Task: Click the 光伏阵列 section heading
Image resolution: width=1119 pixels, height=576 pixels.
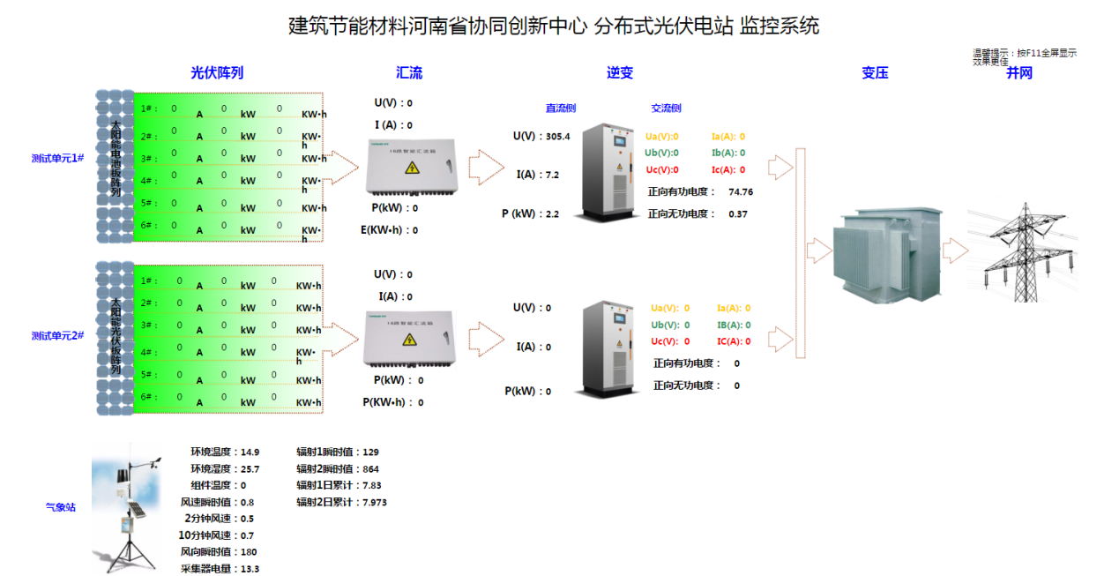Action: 217,73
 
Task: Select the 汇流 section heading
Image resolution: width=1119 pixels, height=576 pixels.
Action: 409,73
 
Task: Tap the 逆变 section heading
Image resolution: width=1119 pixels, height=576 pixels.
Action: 620,73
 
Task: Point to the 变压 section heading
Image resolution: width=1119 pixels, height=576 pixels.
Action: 875,73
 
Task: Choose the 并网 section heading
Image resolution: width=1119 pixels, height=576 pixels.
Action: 1019,73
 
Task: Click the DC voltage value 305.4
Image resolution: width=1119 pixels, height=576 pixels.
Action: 558,137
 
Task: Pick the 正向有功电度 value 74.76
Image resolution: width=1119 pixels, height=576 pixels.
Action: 741,191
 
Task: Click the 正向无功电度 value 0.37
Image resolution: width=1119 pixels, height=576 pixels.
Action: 738,213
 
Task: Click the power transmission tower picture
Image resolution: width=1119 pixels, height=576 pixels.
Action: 1022,251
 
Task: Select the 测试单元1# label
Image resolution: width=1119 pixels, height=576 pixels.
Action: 57,159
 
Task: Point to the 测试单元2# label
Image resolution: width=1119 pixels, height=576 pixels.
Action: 57,336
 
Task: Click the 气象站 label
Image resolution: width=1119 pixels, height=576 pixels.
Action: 61,507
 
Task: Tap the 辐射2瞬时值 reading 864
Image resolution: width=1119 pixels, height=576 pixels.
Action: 370,469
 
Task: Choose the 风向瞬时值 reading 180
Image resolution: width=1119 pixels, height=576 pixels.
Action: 249,552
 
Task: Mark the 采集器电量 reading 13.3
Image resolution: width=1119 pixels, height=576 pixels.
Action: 250,569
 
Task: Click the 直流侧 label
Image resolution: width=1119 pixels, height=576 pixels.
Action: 561,108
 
